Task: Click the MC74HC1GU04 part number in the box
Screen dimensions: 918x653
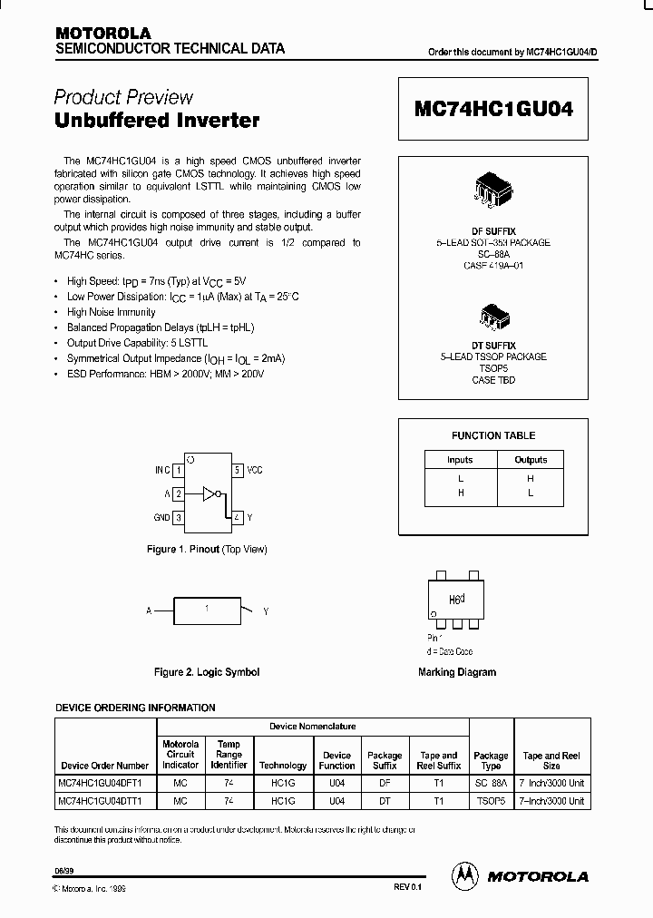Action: [494, 108]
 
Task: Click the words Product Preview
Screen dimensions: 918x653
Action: [123, 97]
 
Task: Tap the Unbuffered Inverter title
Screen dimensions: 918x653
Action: [157, 120]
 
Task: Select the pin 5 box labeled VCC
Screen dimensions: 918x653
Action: [237, 470]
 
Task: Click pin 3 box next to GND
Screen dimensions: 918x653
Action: [179, 517]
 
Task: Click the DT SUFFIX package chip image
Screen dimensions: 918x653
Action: [493, 317]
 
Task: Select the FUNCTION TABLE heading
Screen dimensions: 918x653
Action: [493, 435]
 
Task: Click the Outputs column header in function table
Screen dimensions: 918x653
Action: [531, 460]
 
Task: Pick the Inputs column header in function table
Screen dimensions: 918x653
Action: [460, 460]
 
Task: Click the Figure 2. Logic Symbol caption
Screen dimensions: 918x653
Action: [207, 672]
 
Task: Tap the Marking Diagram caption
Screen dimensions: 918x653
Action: [457, 672]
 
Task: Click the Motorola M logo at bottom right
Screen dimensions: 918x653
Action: [466, 875]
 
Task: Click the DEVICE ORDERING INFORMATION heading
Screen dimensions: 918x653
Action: [135, 708]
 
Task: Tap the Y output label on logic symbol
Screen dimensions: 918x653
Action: [266, 612]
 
